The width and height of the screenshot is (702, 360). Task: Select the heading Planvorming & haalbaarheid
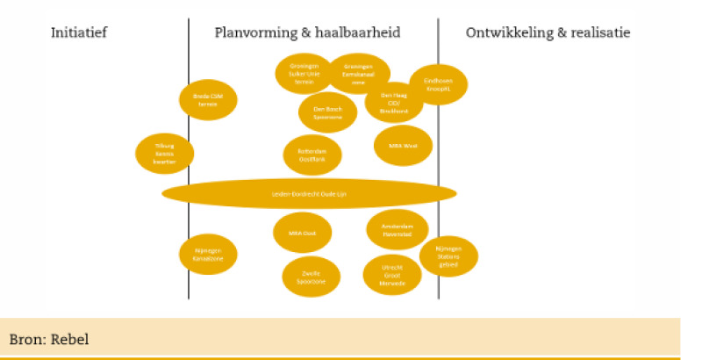click(x=307, y=33)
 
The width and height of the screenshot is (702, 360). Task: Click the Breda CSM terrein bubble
click(x=208, y=99)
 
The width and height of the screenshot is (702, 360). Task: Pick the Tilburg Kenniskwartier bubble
click(x=165, y=153)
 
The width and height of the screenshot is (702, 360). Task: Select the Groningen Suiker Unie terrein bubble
click(x=304, y=74)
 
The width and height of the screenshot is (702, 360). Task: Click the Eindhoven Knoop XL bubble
click(x=438, y=84)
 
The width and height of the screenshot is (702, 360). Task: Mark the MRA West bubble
click(x=404, y=147)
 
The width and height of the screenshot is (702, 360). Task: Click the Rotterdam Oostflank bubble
click(x=312, y=155)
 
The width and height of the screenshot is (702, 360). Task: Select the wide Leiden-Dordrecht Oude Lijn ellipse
click(x=309, y=193)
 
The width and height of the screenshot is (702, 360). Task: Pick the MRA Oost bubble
click(x=303, y=233)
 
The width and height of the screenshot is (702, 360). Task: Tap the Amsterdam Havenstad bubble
click(x=397, y=230)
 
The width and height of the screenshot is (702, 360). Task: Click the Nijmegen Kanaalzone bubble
click(x=208, y=255)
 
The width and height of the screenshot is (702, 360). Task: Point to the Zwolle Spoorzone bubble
click(x=311, y=276)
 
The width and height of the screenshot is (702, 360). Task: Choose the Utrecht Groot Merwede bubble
click(x=392, y=275)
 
